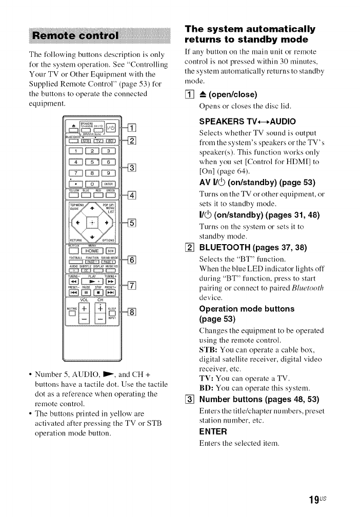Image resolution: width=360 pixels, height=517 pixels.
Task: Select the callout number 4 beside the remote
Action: point(131,194)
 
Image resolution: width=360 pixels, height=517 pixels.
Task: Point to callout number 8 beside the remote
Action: point(131,312)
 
